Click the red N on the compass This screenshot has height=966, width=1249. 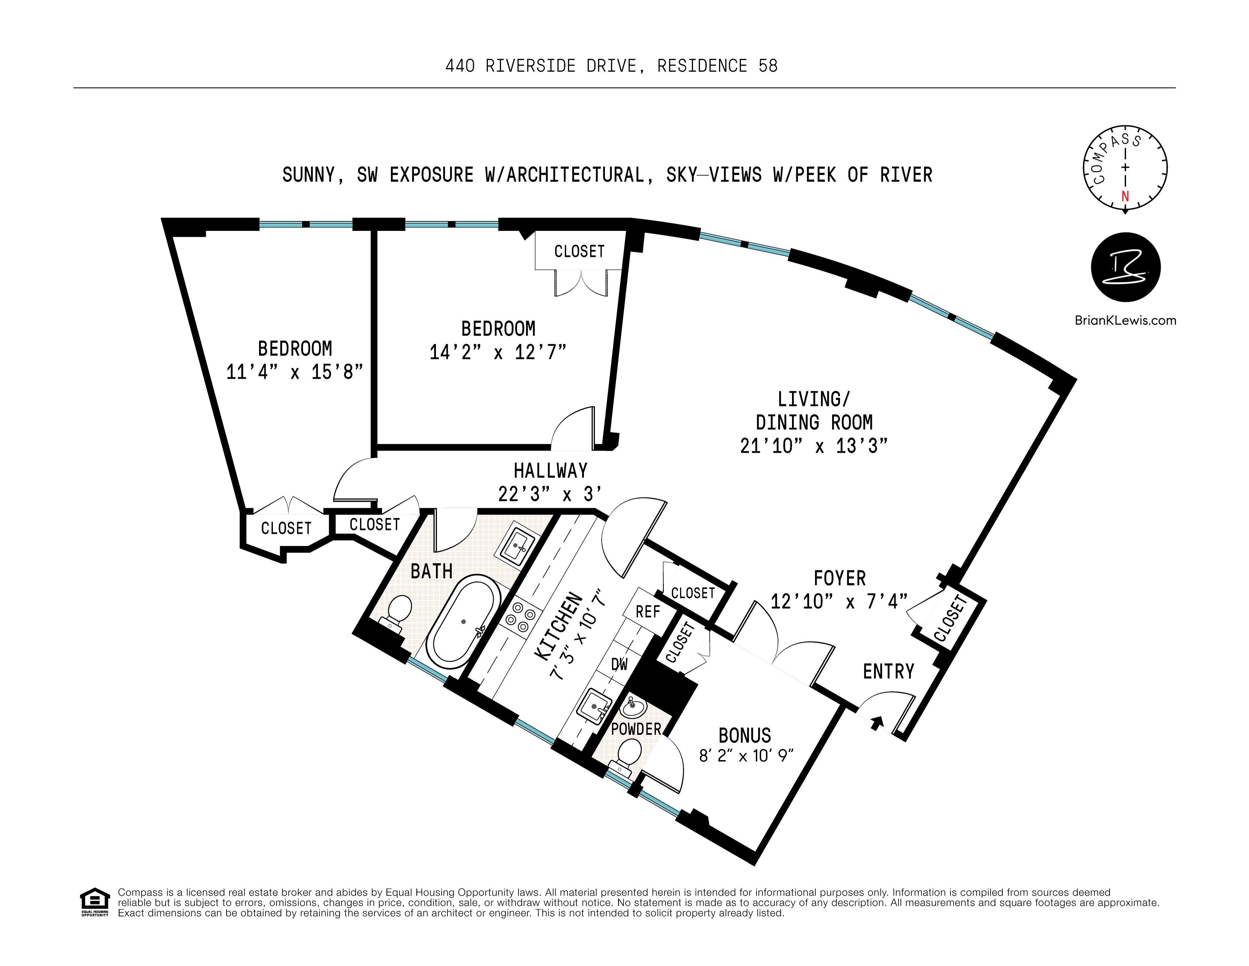(x=1125, y=196)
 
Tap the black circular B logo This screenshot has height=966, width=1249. (x=1125, y=267)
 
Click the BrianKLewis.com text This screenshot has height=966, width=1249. (x=1125, y=320)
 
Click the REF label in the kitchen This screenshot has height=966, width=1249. (x=647, y=612)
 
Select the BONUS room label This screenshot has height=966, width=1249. (x=745, y=735)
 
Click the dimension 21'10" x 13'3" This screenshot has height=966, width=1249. (x=813, y=446)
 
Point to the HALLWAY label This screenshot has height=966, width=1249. (x=550, y=471)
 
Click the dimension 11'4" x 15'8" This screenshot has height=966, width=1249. (x=295, y=372)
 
